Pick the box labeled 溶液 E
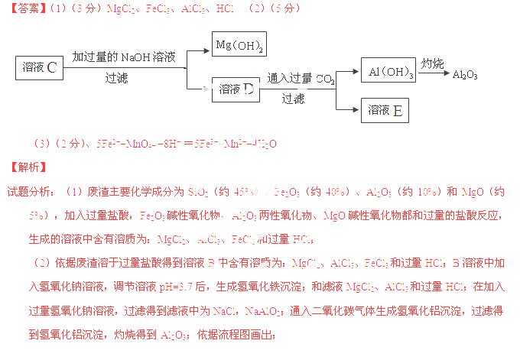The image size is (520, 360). click(385, 110)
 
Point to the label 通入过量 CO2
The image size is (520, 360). click(301, 78)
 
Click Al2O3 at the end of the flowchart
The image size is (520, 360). click(465, 75)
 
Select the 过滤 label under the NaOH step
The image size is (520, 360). click(117, 77)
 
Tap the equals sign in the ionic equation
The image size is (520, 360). click(187, 143)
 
